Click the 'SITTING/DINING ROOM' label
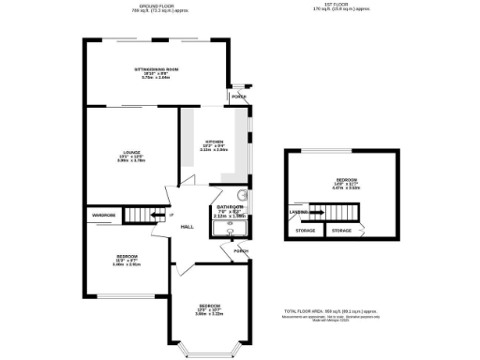pos(155,69)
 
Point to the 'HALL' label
pos(187,226)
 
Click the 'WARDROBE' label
pos(103,215)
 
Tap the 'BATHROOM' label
pos(230,206)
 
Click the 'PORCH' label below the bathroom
pos(241,250)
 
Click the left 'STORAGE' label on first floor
pos(306,230)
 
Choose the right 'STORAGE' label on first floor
pos(341,230)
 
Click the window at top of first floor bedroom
pos(342,151)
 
